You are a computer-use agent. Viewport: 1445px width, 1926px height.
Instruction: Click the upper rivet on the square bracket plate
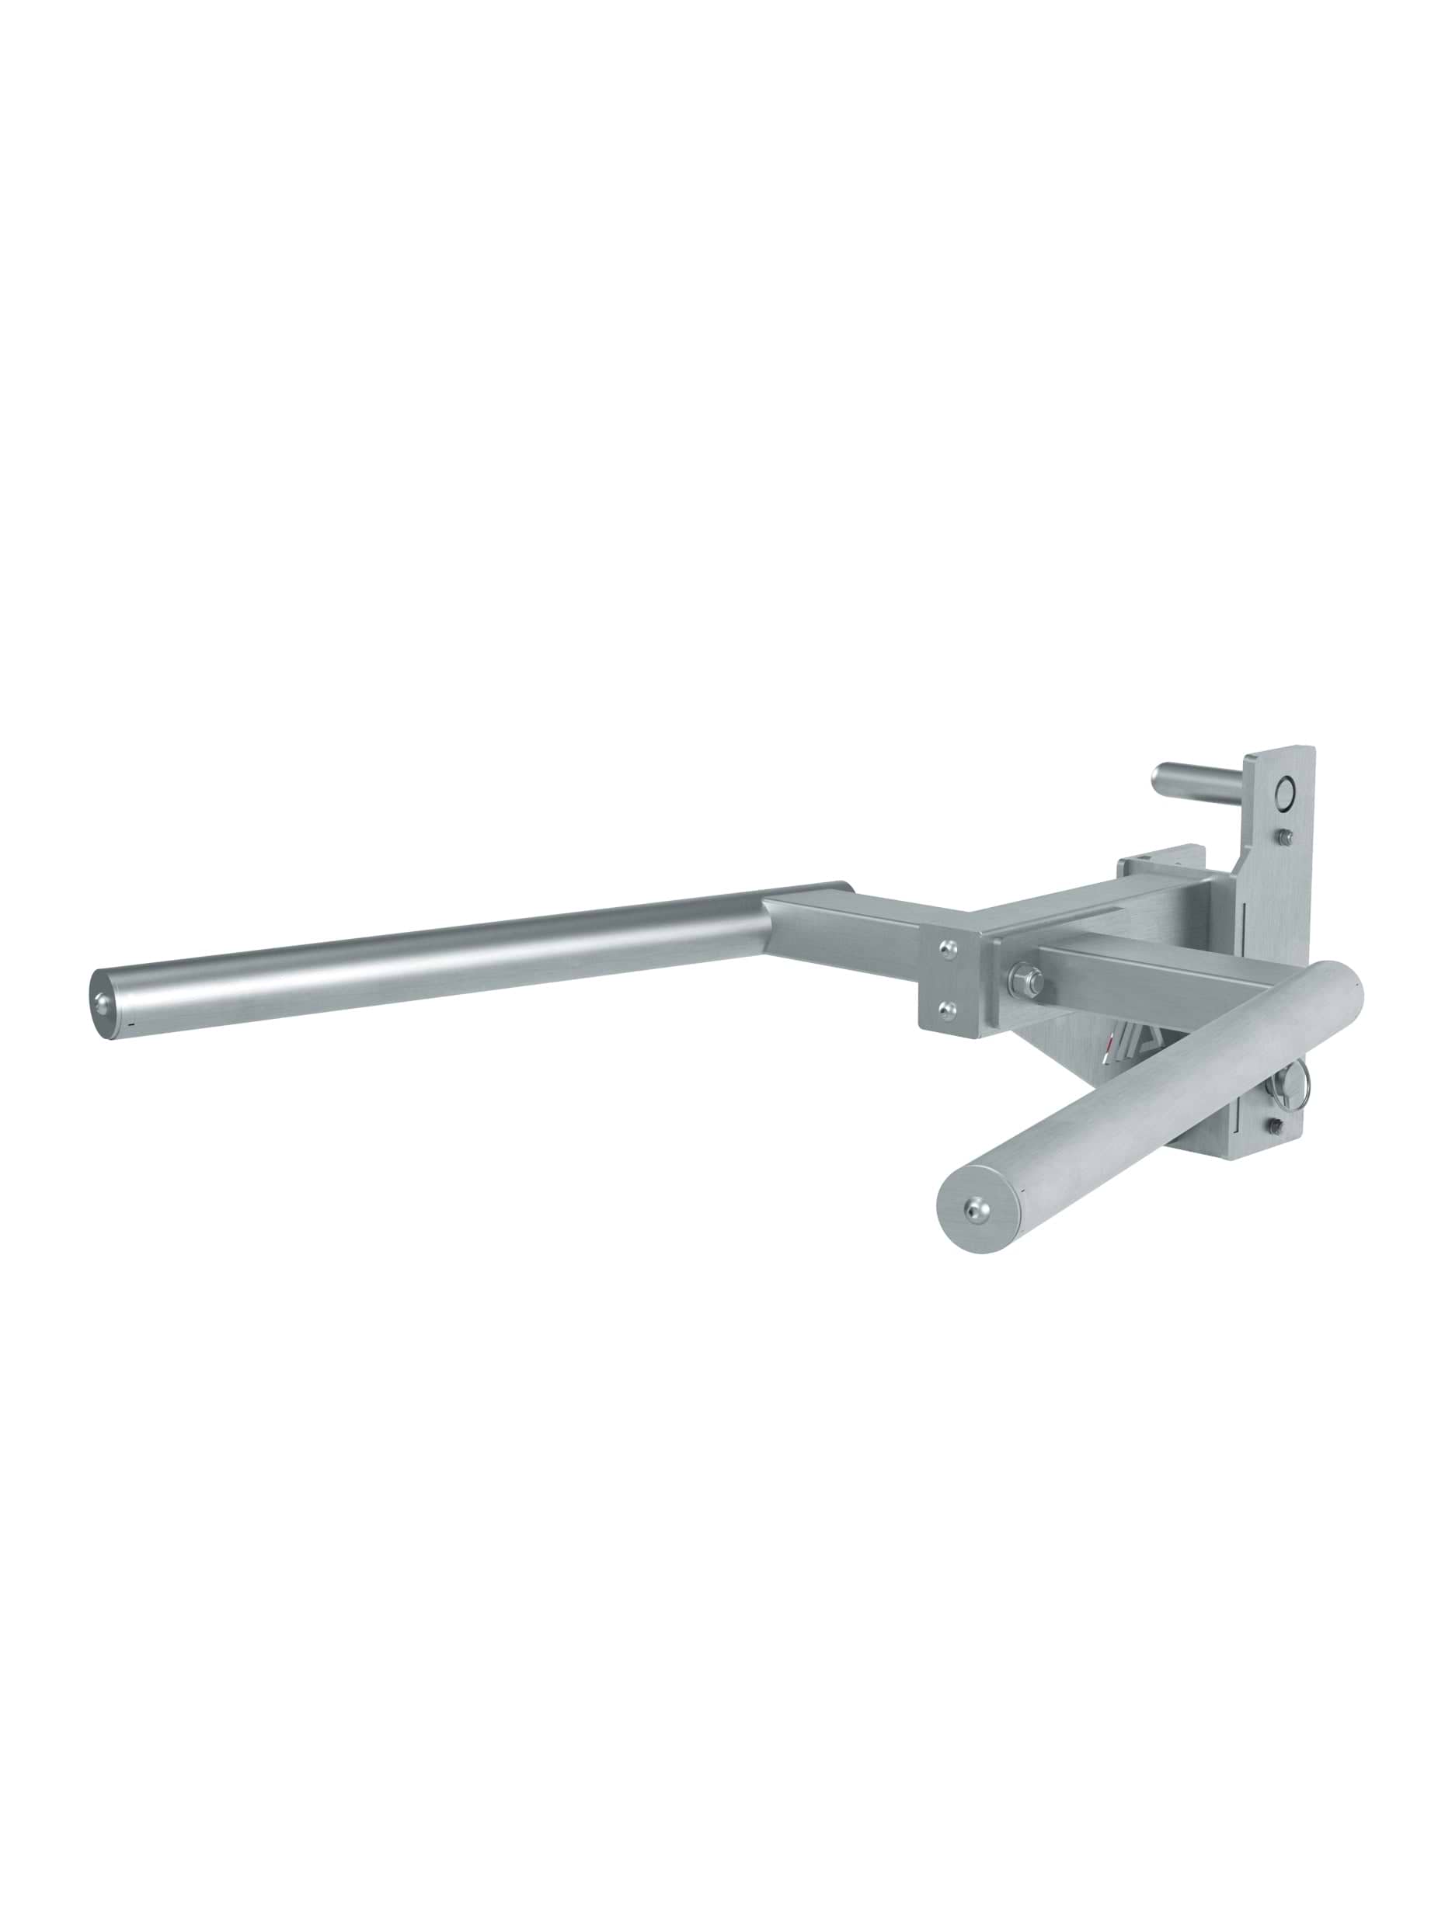point(949,947)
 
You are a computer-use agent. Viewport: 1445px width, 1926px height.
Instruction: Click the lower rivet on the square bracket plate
point(949,1008)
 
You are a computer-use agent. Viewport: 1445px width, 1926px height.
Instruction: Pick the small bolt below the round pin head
point(1287,836)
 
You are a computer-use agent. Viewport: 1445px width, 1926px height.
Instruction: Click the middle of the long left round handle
point(436,958)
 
